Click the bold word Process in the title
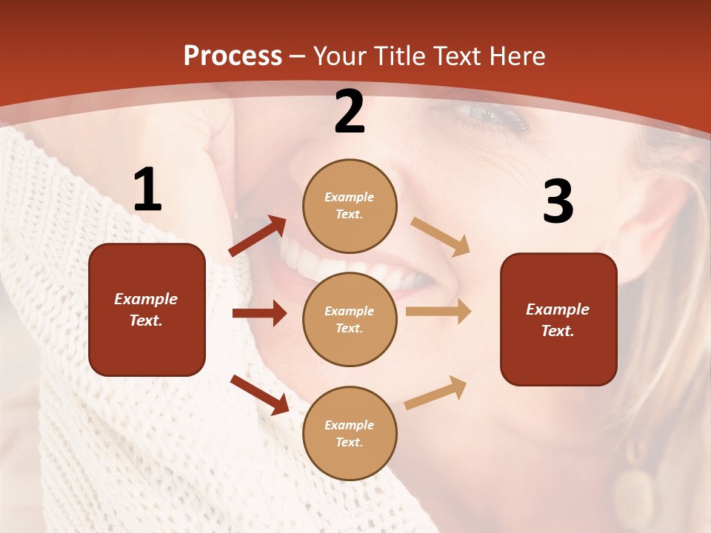tap(233, 56)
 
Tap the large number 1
tap(147, 190)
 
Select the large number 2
tap(350, 113)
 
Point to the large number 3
tap(558, 202)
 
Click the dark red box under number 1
tap(147, 309)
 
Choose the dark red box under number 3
tap(558, 319)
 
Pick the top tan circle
tap(350, 206)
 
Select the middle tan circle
tap(350, 319)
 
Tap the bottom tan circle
tap(350, 433)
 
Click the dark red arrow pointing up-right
tap(258, 236)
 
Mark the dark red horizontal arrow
tap(259, 314)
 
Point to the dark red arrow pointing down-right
tap(259, 394)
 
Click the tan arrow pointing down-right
tap(441, 237)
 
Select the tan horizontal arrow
tap(438, 312)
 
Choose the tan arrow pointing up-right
tap(436, 392)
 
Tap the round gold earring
tap(633, 495)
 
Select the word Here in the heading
tap(515, 56)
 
